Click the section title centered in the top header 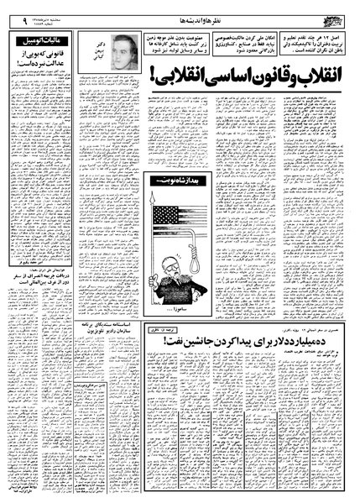180,17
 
